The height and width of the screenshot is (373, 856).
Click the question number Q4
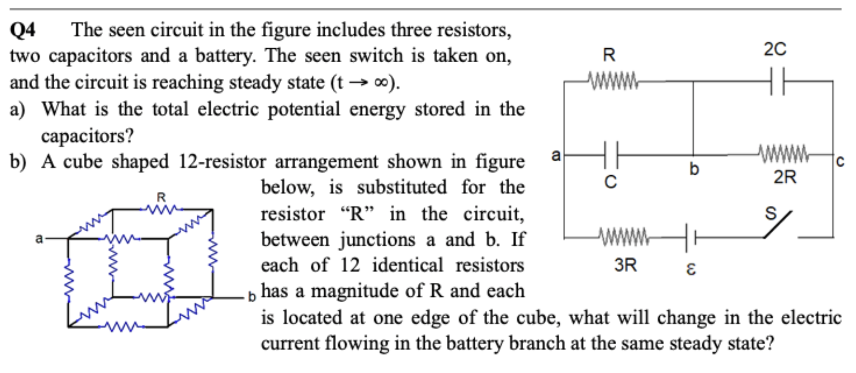coord(22,30)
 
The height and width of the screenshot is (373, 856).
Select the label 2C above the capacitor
coord(775,50)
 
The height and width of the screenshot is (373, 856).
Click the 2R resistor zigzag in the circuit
coord(783,154)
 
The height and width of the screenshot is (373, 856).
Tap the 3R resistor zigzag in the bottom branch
coord(624,237)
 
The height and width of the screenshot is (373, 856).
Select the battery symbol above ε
coord(690,238)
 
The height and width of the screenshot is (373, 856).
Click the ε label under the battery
coord(691,269)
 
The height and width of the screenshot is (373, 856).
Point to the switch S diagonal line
coord(778,225)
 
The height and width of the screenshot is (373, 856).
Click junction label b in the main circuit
coord(694,169)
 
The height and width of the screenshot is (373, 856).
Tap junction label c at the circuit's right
coord(840,161)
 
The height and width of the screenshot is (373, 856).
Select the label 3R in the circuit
coord(625,265)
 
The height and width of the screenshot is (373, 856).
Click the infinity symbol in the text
coord(381,83)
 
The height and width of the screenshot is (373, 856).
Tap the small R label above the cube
coord(161,197)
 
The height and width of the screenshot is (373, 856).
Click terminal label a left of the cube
coord(39,238)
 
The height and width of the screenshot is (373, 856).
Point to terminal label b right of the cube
coord(251,297)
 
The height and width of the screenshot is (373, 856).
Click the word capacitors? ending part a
coord(87,136)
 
